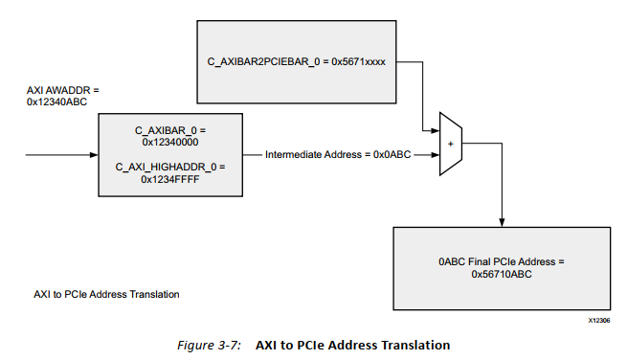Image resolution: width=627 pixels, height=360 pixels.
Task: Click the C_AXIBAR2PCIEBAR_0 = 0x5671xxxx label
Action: click(x=296, y=62)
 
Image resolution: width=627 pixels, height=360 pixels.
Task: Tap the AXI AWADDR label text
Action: click(x=62, y=91)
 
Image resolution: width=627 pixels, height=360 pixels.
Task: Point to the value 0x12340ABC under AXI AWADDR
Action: click(x=58, y=102)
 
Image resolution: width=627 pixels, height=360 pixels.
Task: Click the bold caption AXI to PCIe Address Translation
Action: click(x=353, y=345)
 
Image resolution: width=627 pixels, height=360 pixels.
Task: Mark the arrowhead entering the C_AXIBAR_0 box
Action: click(x=94, y=153)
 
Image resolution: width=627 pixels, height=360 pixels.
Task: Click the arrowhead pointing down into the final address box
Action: click(x=502, y=223)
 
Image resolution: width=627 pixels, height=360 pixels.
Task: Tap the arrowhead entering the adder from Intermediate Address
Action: click(x=435, y=153)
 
